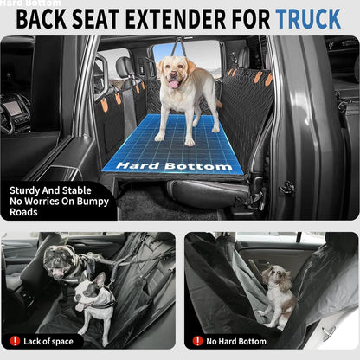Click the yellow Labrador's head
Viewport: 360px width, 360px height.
[x=176, y=74]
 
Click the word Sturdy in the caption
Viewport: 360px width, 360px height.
[x=29, y=192]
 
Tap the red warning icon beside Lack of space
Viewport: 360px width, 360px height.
[x=15, y=341]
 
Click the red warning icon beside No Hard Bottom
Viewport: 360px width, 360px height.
[x=197, y=341]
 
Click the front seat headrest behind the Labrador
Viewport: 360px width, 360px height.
[x=125, y=67]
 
